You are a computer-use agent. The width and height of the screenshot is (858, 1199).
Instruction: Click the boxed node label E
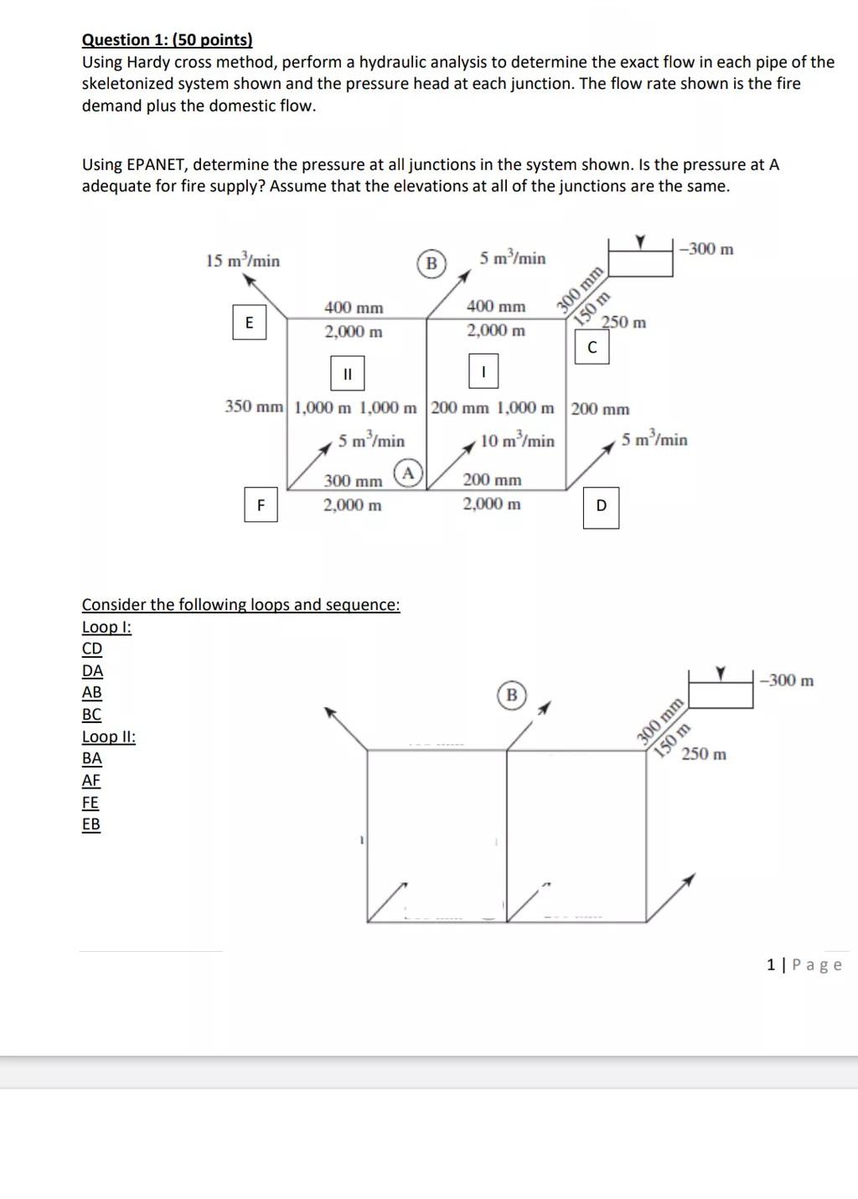coord(249,323)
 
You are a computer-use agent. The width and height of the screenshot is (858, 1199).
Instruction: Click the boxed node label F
coord(261,505)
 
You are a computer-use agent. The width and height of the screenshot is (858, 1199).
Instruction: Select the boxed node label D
coord(601,506)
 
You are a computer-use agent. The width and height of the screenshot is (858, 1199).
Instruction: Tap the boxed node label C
coord(592,348)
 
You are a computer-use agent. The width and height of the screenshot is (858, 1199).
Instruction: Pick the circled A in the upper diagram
coord(408,473)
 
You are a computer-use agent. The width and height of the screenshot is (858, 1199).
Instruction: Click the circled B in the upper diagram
coord(432,263)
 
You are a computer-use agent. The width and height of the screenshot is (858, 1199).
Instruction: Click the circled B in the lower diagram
coord(511,695)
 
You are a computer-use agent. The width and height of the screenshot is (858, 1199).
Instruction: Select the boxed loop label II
coord(348,373)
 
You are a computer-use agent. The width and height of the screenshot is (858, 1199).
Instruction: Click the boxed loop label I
coord(483,371)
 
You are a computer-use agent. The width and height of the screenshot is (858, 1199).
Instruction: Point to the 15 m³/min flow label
coord(243,261)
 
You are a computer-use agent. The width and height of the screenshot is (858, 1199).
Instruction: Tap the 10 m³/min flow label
coord(517,440)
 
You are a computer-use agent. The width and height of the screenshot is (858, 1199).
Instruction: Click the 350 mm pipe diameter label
coord(254,407)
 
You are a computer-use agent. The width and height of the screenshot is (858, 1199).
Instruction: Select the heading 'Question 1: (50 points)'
coord(167,39)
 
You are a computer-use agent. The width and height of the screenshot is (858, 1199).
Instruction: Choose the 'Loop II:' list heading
coord(109,736)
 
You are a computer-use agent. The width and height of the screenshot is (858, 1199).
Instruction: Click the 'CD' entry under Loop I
coord(92,649)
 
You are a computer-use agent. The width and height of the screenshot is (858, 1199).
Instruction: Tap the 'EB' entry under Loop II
coord(91,824)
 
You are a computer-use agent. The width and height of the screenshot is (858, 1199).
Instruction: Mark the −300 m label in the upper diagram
coord(707,249)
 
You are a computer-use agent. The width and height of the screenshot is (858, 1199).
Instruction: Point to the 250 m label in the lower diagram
coord(704,754)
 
